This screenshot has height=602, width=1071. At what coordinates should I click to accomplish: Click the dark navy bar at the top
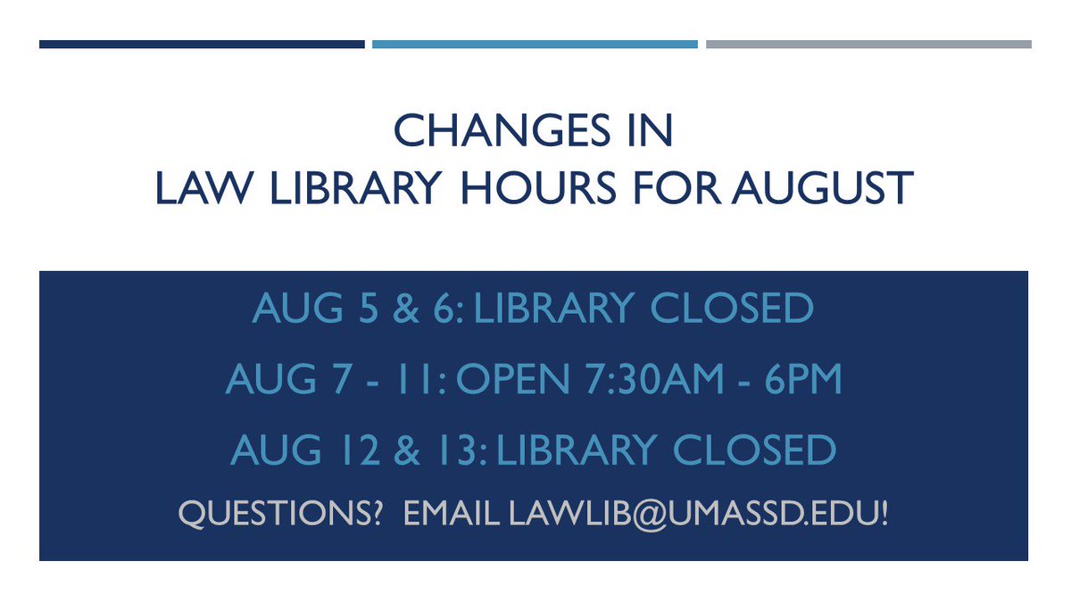point(202,44)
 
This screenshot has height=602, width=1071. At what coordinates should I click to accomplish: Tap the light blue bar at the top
point(535,44)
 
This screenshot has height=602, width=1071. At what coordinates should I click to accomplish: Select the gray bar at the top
point(868,44)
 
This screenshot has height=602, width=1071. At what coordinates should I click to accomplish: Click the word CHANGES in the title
point(488,131)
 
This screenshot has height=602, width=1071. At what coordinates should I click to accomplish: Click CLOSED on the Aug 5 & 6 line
point(732,309)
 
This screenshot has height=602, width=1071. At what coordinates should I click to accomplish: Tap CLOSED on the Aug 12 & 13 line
point(754,450)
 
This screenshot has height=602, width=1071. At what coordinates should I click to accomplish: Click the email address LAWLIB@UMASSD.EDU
point(698,514)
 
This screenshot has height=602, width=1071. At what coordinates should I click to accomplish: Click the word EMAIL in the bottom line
point(452,514)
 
